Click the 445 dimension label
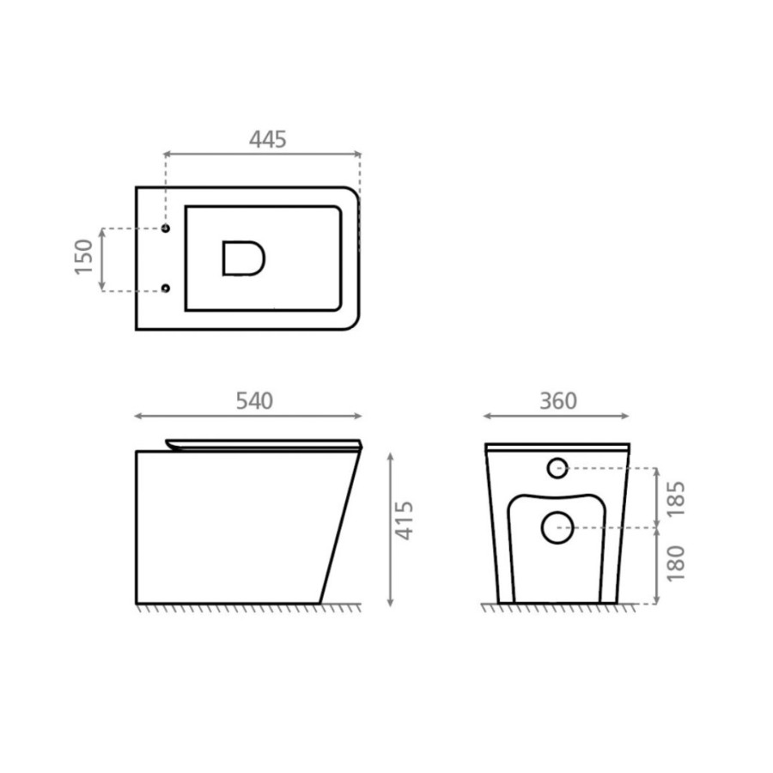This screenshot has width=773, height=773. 268,139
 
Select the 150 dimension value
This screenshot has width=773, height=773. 83,257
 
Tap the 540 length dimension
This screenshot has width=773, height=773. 254,401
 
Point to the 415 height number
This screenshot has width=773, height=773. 405,520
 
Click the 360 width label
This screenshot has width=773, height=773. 558,401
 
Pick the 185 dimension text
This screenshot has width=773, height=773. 675,498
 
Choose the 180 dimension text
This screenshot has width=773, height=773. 675,563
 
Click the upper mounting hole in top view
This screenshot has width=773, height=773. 166,228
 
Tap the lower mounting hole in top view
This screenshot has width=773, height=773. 166,288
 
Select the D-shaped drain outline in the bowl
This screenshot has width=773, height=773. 224,258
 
